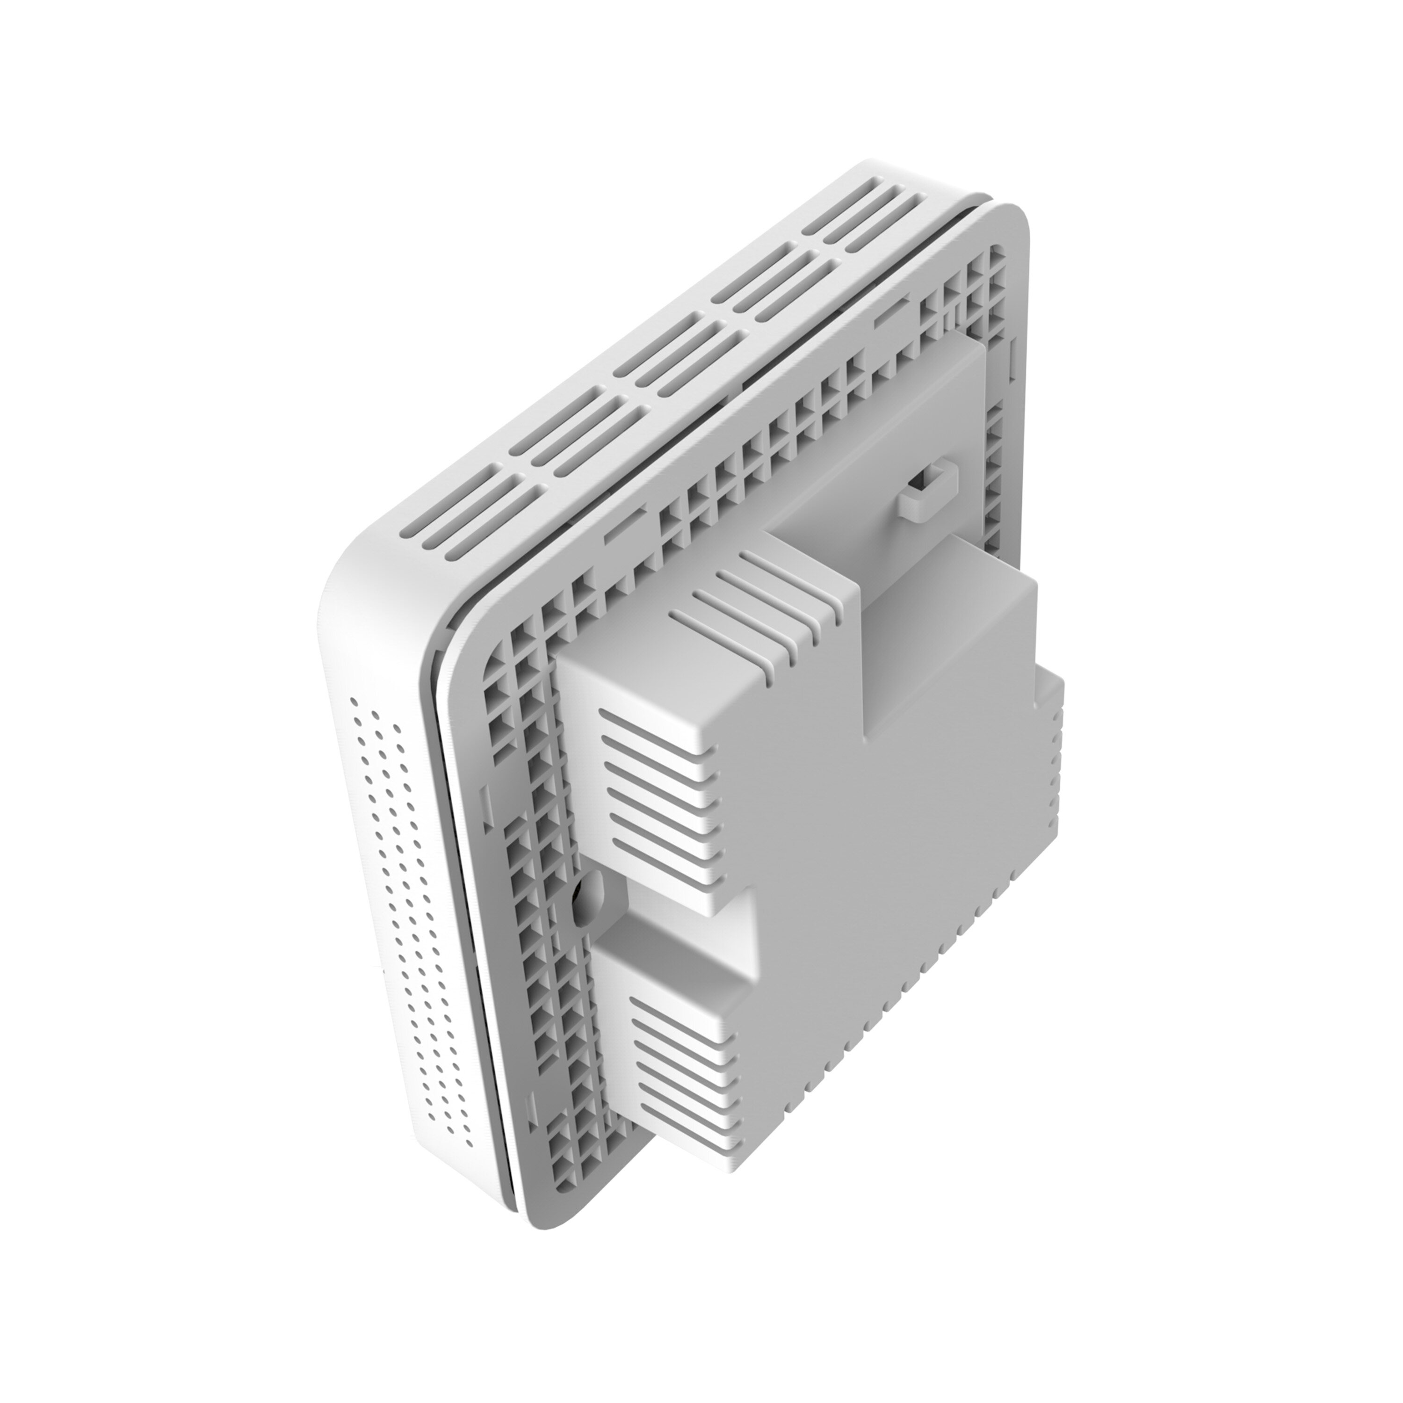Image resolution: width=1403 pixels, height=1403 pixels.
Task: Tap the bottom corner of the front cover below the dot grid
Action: (x=501, y=1140)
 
